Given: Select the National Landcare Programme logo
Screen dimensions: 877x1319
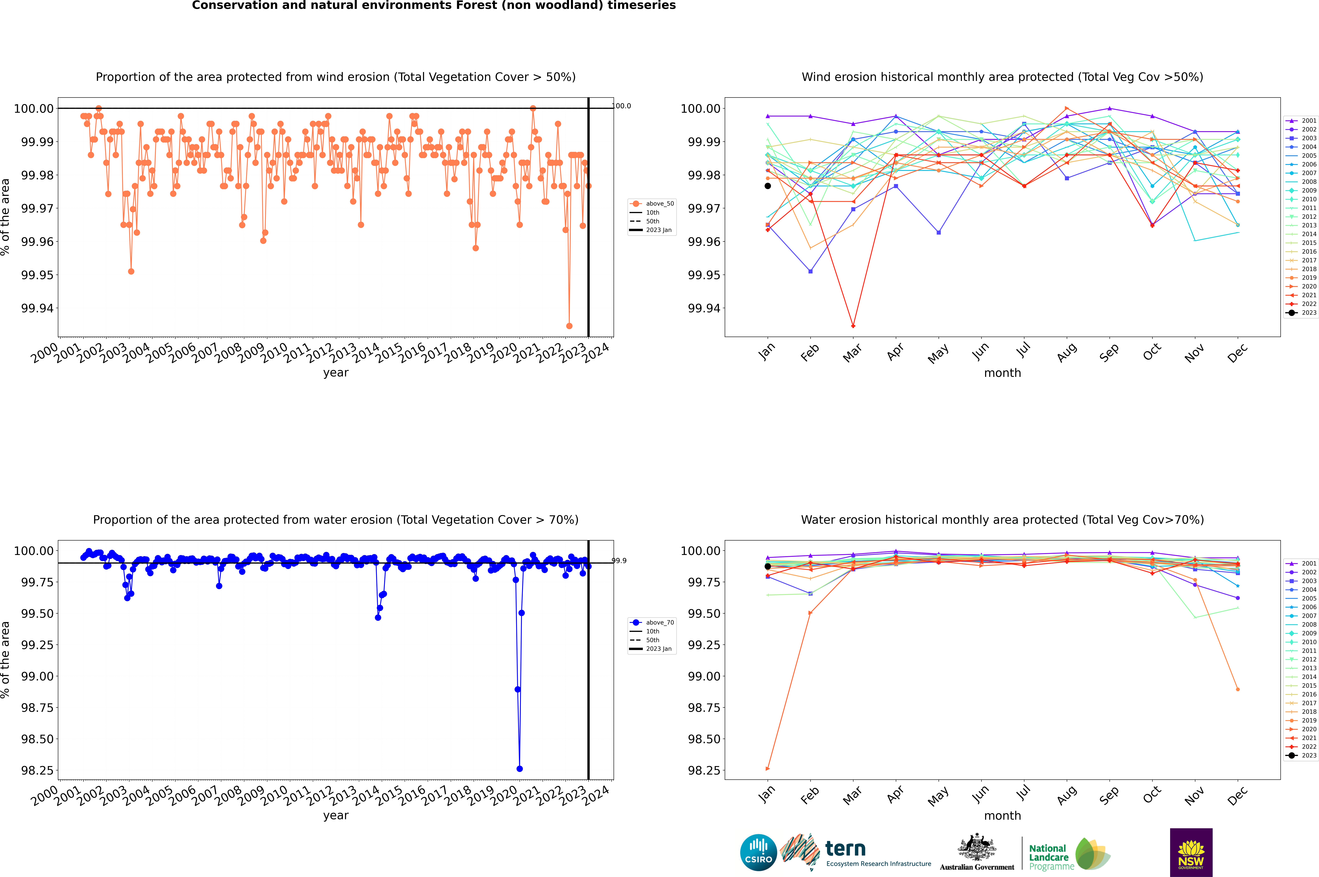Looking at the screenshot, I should click(1069, 854).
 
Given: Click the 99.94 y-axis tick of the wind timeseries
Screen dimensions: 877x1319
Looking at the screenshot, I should click(37, 308).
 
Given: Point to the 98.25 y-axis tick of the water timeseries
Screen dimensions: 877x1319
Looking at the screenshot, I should click(37, 770).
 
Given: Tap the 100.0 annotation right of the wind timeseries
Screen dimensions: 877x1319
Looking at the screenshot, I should click(622, 106).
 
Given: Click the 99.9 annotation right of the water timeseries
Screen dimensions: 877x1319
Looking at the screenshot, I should click(619, 560).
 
